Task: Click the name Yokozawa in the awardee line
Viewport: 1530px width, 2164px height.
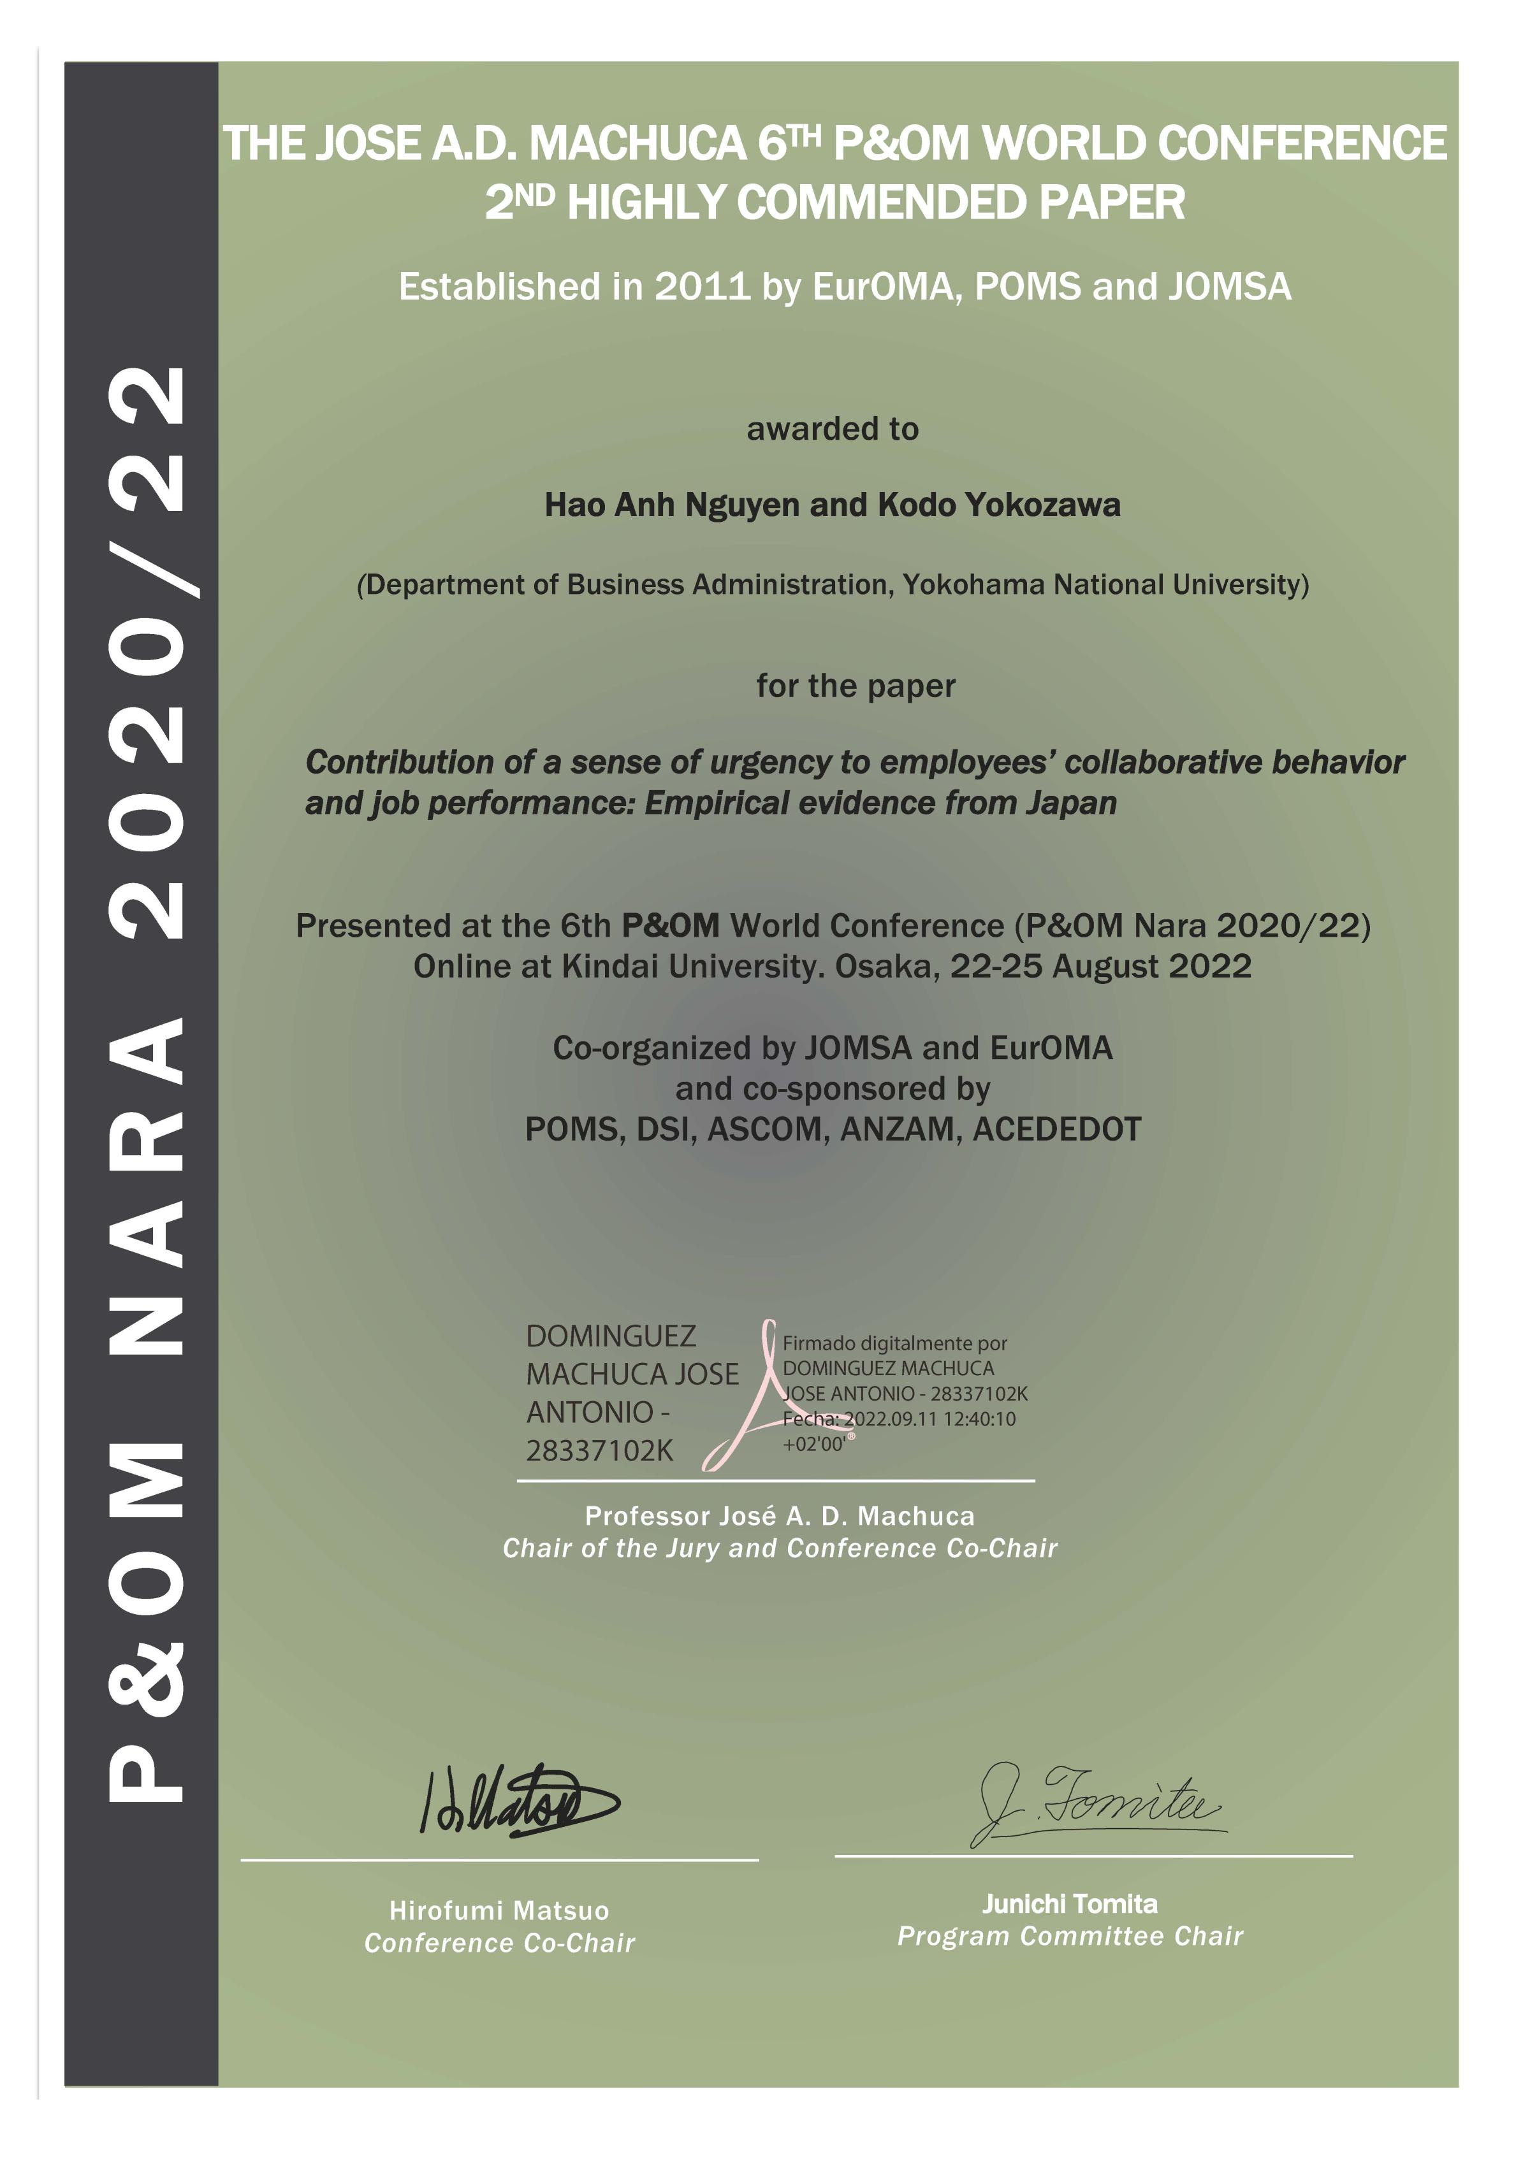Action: click(1042, 505)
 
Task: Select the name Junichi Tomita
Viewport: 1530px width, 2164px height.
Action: click(1070, 1904)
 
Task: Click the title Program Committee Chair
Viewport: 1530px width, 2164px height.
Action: click(1070, 1936)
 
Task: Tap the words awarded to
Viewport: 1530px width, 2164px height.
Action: click(833, 429)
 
